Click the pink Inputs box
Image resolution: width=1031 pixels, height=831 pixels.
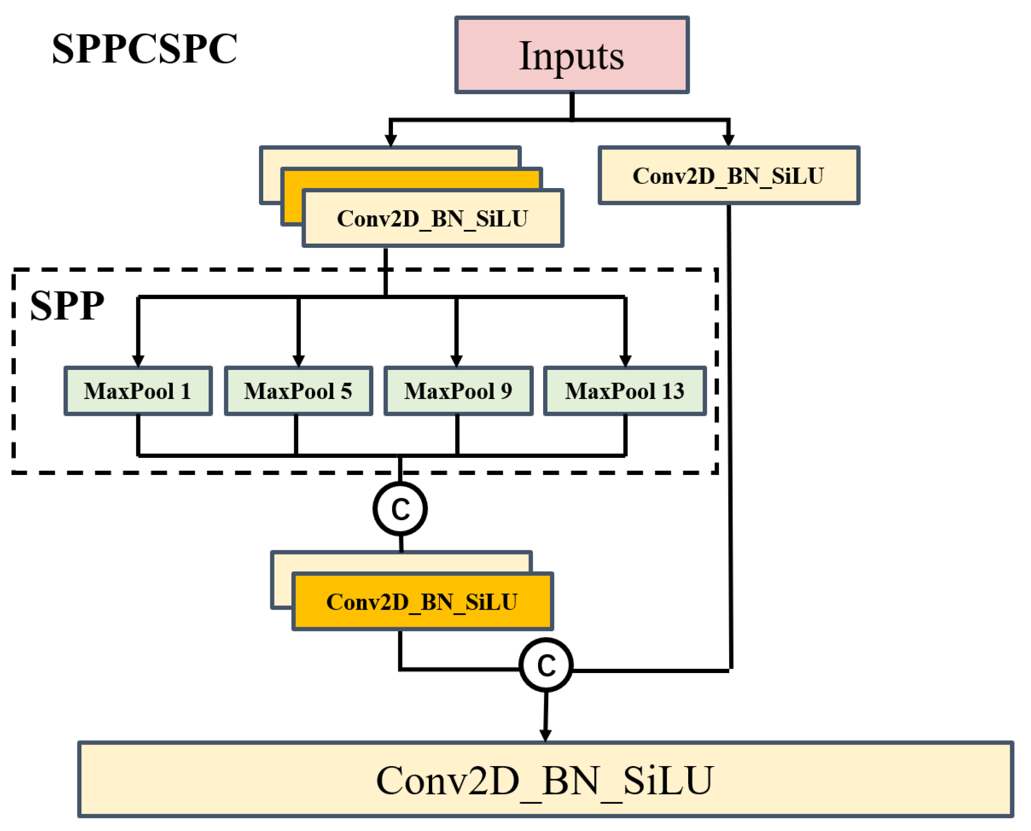572,55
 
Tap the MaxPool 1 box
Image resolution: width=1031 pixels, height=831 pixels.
138,391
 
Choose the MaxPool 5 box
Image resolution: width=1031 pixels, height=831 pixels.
298,391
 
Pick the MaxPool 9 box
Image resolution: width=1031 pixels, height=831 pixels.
458,391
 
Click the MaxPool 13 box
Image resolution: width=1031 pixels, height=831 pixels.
625,391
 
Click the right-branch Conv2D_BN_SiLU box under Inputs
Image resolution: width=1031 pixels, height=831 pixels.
729,176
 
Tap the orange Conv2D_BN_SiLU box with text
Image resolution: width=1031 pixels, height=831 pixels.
422,602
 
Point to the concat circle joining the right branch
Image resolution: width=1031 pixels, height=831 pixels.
546,665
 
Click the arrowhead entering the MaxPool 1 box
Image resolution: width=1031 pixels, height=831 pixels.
138,361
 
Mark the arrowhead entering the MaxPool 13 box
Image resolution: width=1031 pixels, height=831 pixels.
625,361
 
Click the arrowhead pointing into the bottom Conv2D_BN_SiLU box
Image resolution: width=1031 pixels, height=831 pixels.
545,736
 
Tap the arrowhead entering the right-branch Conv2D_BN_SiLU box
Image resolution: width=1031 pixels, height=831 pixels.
728,140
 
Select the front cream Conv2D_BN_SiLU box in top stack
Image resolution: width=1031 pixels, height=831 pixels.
433,218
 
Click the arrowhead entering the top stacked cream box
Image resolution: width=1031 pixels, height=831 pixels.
391,140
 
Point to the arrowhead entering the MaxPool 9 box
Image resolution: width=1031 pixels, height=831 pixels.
456,361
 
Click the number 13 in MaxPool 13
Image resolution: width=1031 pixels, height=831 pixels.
673,391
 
